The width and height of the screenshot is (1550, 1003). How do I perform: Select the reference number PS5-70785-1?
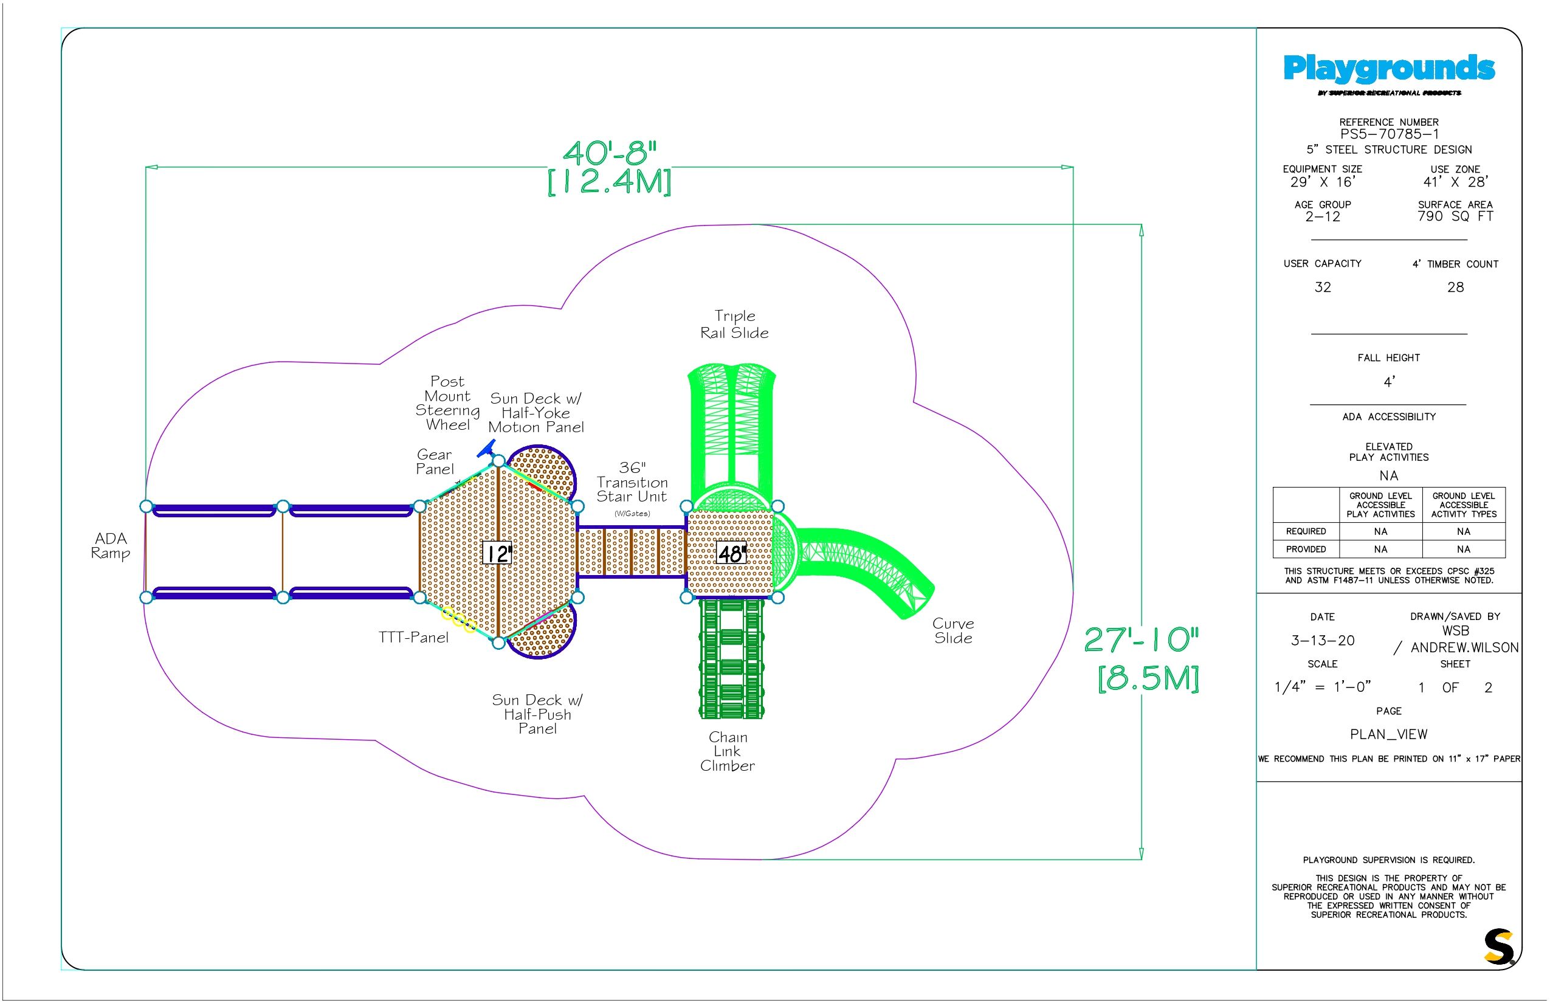1389,134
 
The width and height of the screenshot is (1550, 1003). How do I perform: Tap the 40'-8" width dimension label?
610,154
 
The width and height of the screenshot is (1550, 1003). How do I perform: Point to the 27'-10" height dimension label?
1141,640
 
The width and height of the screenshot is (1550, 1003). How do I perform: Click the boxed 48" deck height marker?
731,554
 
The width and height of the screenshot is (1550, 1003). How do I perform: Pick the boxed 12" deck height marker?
497,554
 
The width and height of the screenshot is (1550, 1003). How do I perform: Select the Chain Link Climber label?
728,751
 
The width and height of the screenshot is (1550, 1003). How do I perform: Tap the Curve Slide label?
954,630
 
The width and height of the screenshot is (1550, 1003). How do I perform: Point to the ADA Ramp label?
111,546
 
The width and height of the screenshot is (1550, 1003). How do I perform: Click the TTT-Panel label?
413,637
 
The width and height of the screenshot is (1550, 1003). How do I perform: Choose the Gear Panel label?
435,462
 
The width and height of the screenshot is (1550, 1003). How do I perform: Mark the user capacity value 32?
1323,287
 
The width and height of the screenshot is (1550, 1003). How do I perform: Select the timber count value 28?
1456,287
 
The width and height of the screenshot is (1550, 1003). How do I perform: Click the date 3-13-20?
1323,641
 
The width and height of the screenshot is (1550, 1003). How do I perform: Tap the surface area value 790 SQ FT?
1456,216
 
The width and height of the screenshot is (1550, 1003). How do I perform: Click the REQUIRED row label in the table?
1306,531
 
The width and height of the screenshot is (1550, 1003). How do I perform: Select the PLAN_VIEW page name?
1388,735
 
